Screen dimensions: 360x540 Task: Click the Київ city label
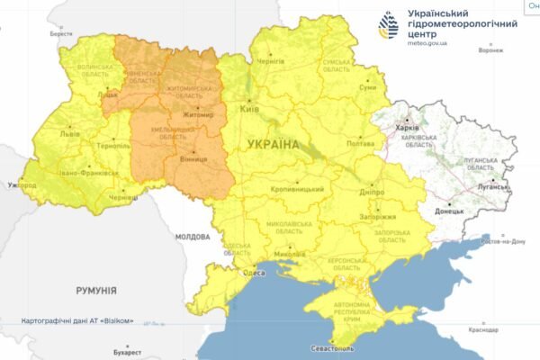point(251,108)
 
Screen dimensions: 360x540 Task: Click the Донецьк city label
point(449,211)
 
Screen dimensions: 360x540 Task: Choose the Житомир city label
point(197,115)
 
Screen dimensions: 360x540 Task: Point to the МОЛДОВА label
point(193,237)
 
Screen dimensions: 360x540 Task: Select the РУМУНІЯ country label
point(96,291)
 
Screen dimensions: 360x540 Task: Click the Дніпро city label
point(370,192)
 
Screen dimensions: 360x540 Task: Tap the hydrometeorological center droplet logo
point(389,28)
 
